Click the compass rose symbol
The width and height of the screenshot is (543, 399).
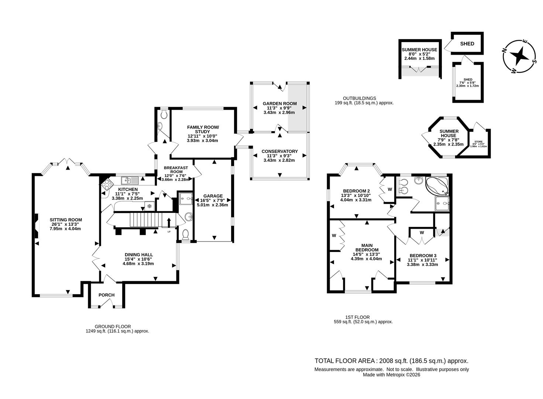point(520,56)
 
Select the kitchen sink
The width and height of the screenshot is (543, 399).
point(129,180)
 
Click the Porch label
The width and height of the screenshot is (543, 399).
point(106,295)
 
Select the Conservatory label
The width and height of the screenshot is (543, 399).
point(279,151)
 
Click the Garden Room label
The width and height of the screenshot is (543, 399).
point(279,103)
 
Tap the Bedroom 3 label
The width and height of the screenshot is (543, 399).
point(423,255)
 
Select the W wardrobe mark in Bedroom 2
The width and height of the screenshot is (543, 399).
point(389,190)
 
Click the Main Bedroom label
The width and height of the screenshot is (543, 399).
point(366,247)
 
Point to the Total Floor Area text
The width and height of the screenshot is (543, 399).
point(391,361)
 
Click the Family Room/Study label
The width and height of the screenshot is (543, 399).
point(203,129)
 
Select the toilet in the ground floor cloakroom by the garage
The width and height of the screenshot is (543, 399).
point(186,234)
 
